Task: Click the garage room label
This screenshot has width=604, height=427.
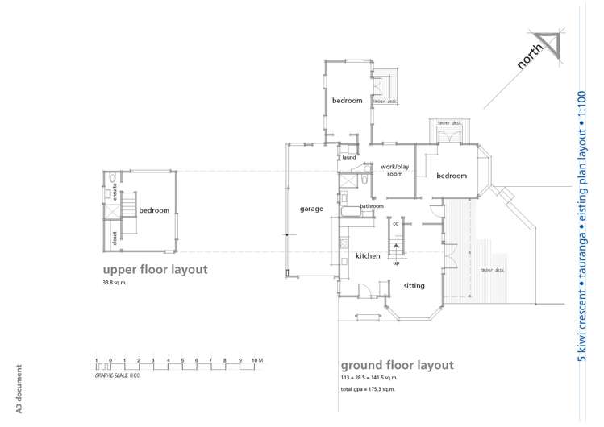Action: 311,209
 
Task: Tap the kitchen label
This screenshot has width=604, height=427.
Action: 368,255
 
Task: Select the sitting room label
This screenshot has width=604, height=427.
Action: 414,285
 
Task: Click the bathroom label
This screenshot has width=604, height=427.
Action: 372,206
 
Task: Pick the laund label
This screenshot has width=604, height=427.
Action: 348,157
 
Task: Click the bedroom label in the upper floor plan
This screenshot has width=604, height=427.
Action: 154,210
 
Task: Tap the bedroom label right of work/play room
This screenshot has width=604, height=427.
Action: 452,176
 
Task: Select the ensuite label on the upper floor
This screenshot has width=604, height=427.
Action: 115,191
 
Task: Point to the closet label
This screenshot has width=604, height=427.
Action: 115,237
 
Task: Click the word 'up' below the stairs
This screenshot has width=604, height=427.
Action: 396,263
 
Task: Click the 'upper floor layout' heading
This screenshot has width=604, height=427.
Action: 155,269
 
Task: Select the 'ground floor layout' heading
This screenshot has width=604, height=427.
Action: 397,365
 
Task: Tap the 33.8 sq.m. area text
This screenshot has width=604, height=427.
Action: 115,284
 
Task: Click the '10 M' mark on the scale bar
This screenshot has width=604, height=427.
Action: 257,359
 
